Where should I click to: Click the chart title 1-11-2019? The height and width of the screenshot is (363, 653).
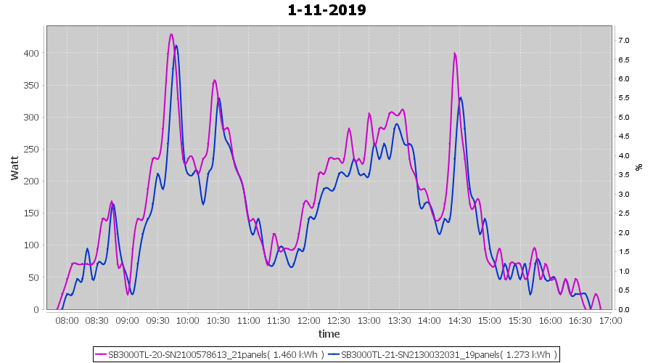(326, 10)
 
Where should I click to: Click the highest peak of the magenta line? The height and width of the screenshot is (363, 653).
(171, 34)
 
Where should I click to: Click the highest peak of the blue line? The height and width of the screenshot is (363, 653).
(176, 46)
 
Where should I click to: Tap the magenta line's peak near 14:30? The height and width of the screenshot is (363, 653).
(454, 53)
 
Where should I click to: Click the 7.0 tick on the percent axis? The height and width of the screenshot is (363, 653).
(623, 40)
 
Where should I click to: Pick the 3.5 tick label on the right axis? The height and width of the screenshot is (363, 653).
(623, 174)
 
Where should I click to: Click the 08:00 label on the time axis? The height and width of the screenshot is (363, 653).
(67, 320)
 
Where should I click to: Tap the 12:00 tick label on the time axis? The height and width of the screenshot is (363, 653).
(308, 320)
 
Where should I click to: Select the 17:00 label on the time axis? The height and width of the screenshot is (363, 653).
(610, 320)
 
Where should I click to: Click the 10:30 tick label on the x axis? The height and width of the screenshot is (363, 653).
(218, 320)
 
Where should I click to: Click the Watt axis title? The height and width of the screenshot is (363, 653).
(15, 168)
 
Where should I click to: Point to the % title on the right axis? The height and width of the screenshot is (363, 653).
(639, 167)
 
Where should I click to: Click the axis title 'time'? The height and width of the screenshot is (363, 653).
(329, 334)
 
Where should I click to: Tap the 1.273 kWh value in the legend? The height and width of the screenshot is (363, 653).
(533, 354)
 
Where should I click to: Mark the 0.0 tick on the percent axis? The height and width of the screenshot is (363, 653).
(623, 309)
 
